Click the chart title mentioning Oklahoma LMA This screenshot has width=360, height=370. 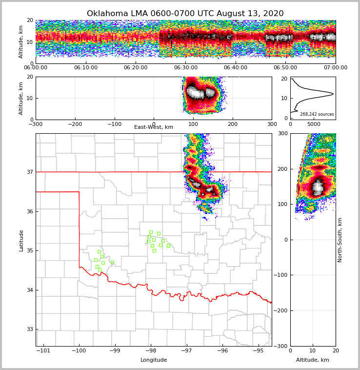tap(185, 14)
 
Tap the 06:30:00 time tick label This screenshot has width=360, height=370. tap(185, 68)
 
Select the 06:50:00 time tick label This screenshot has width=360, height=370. tap(285, 68)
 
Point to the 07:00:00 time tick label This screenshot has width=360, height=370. tap(336, 68)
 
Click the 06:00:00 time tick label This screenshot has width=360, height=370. tap(36, 68)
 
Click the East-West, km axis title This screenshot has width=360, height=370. tap(154, 127)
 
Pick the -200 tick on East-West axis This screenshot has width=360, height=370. tap(75, 124)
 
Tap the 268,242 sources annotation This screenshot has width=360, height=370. tap(317, 114)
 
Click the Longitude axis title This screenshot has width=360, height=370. tap(154, 360)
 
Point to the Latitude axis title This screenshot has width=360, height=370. tap(21, 240)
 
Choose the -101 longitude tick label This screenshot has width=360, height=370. tap(43, 350)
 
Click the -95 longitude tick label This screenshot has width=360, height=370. tap(258, 350)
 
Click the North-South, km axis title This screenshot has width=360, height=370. tap(340, 240)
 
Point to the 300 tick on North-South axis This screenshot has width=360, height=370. tap(283, 134)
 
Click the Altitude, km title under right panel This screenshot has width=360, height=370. tap(313, 360)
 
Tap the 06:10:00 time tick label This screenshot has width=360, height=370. tap(85, 68)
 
